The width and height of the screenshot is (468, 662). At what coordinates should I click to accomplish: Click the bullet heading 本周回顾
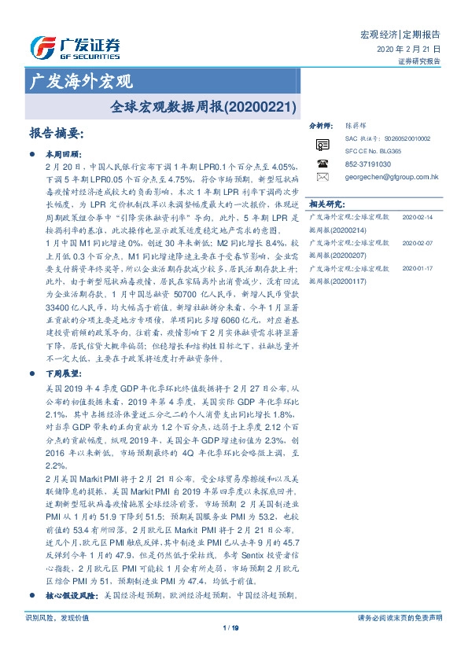[59, 155]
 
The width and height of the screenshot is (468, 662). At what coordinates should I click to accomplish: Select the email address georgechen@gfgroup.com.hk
[392, 178]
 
